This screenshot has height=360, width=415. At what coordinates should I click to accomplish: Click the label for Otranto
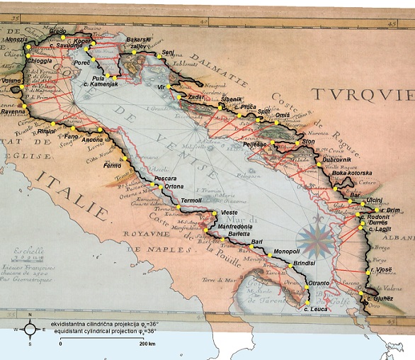pyautogui.click(x=319, y=283)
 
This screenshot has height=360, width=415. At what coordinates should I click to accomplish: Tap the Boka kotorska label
pyautogui.click(x=352, y=173)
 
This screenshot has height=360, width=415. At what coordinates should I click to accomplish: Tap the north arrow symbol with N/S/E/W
pyautogui.click(x=28, y=329)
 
